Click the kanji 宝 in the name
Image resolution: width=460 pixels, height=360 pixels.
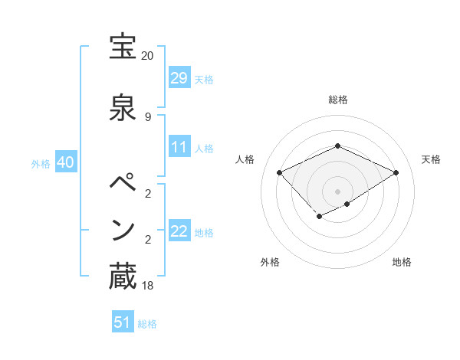pos(123,47)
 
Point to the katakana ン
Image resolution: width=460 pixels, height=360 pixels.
pos(123,230)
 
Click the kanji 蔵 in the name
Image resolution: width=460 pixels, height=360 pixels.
pos(123,277)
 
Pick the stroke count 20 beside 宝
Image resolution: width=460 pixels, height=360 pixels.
pos(147,56)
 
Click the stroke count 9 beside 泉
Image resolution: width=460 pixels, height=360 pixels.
pos(147,116)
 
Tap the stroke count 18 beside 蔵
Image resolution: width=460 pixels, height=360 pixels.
pos(147,286)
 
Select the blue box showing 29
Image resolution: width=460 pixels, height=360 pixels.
pos(179,77)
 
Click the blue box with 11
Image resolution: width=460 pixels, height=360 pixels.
pos(179,147)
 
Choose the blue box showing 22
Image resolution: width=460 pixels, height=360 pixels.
pos(179,231)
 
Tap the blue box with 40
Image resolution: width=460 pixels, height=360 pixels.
pos(65,163)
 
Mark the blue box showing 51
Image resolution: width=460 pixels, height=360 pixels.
pos(123,322)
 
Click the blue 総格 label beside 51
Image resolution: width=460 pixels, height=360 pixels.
pos(148,324)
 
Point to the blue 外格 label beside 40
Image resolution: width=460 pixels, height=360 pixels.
pos(41,164)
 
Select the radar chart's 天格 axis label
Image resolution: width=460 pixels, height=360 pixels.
pos(431,159)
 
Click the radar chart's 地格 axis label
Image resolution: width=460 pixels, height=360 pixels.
pos(402,262)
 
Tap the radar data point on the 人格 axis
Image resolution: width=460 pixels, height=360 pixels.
pos(280,172)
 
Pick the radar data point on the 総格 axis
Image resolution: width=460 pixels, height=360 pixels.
pos(337,146)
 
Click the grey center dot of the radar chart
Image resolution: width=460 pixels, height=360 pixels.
pos(337,191)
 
